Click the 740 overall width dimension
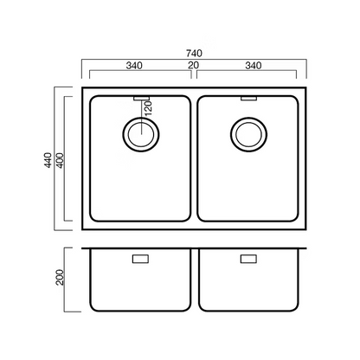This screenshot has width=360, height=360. (x=194, y=54)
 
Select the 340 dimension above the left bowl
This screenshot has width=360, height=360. (x=134, y=66)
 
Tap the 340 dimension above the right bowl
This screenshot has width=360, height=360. (x=254, y=66)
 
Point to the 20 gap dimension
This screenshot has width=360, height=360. (x=194, y=65)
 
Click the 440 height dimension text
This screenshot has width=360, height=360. (x=48, y=160)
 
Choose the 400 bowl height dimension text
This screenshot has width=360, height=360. (x=61, y=160)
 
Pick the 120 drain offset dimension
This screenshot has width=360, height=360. (x=148, y=108)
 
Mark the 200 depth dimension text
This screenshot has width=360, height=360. (x=60, y=277)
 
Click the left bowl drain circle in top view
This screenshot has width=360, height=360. (x=141, y=118)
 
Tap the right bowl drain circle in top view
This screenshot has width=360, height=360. (x=248, y=118)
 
